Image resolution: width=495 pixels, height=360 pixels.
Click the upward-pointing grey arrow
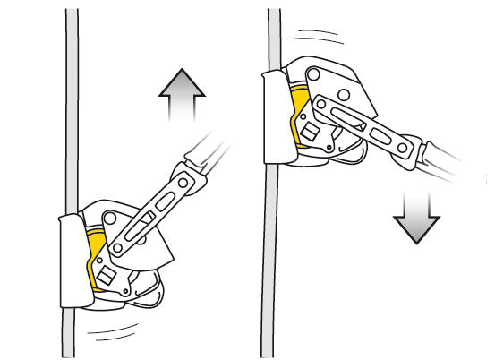pyautogui.click(x=183, y=99)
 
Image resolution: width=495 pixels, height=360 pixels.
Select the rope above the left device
pyautogui.click(x=72, y=107)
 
